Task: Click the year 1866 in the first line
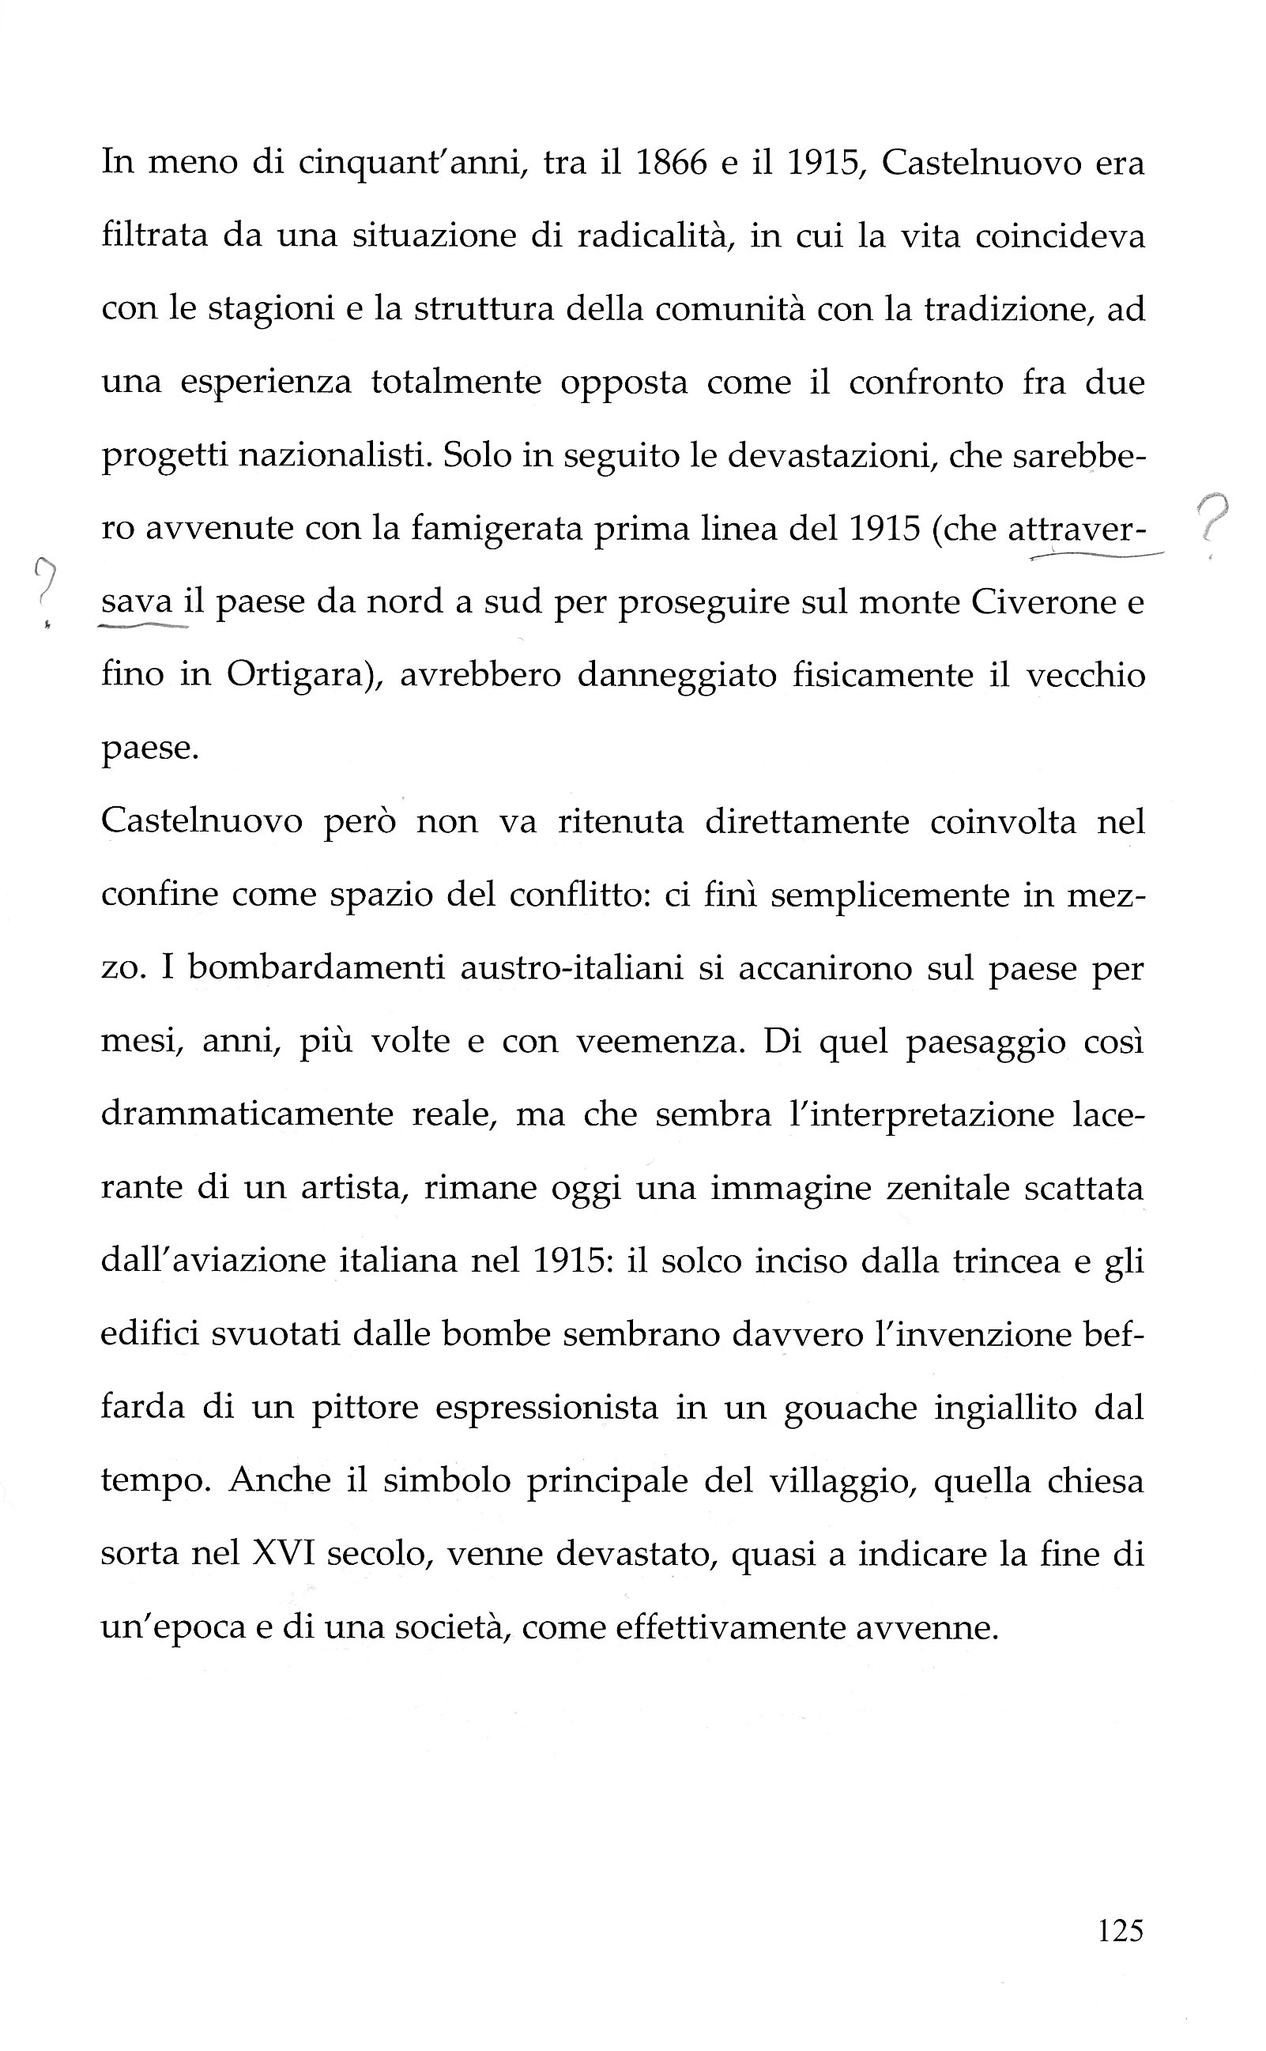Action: pos(672,162)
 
